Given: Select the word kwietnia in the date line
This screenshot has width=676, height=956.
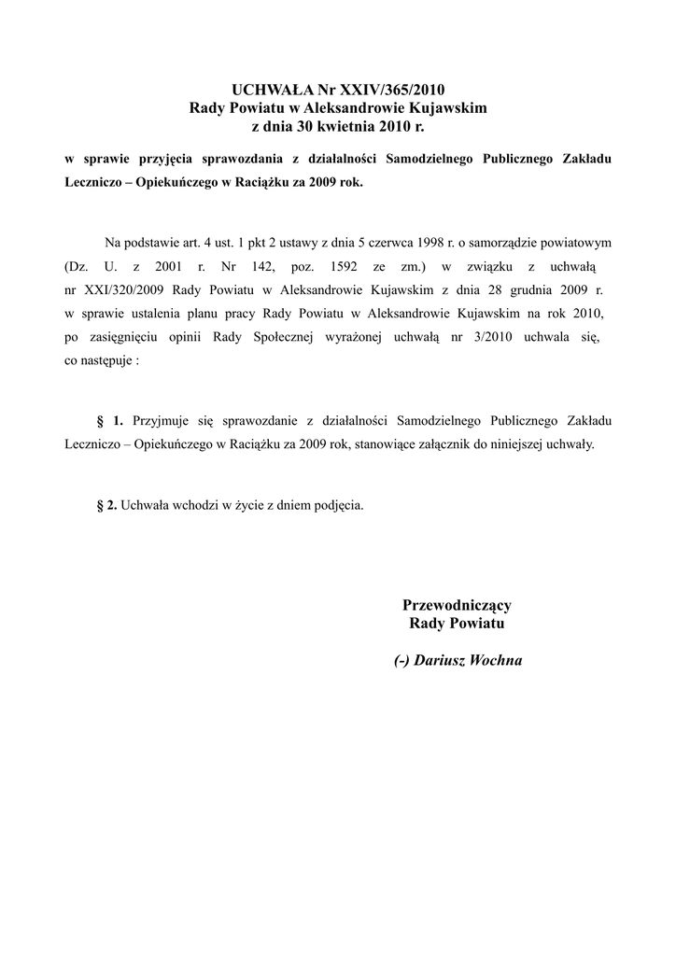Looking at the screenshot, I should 341,125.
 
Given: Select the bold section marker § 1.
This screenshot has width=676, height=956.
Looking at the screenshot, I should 110,421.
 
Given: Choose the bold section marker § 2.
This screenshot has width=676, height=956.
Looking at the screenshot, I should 106,505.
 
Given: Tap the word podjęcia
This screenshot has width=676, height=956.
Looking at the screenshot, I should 338,505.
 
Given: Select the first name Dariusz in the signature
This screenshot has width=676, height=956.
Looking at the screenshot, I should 443,660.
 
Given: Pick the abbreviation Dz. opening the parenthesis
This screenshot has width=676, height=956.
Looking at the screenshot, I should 74,265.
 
